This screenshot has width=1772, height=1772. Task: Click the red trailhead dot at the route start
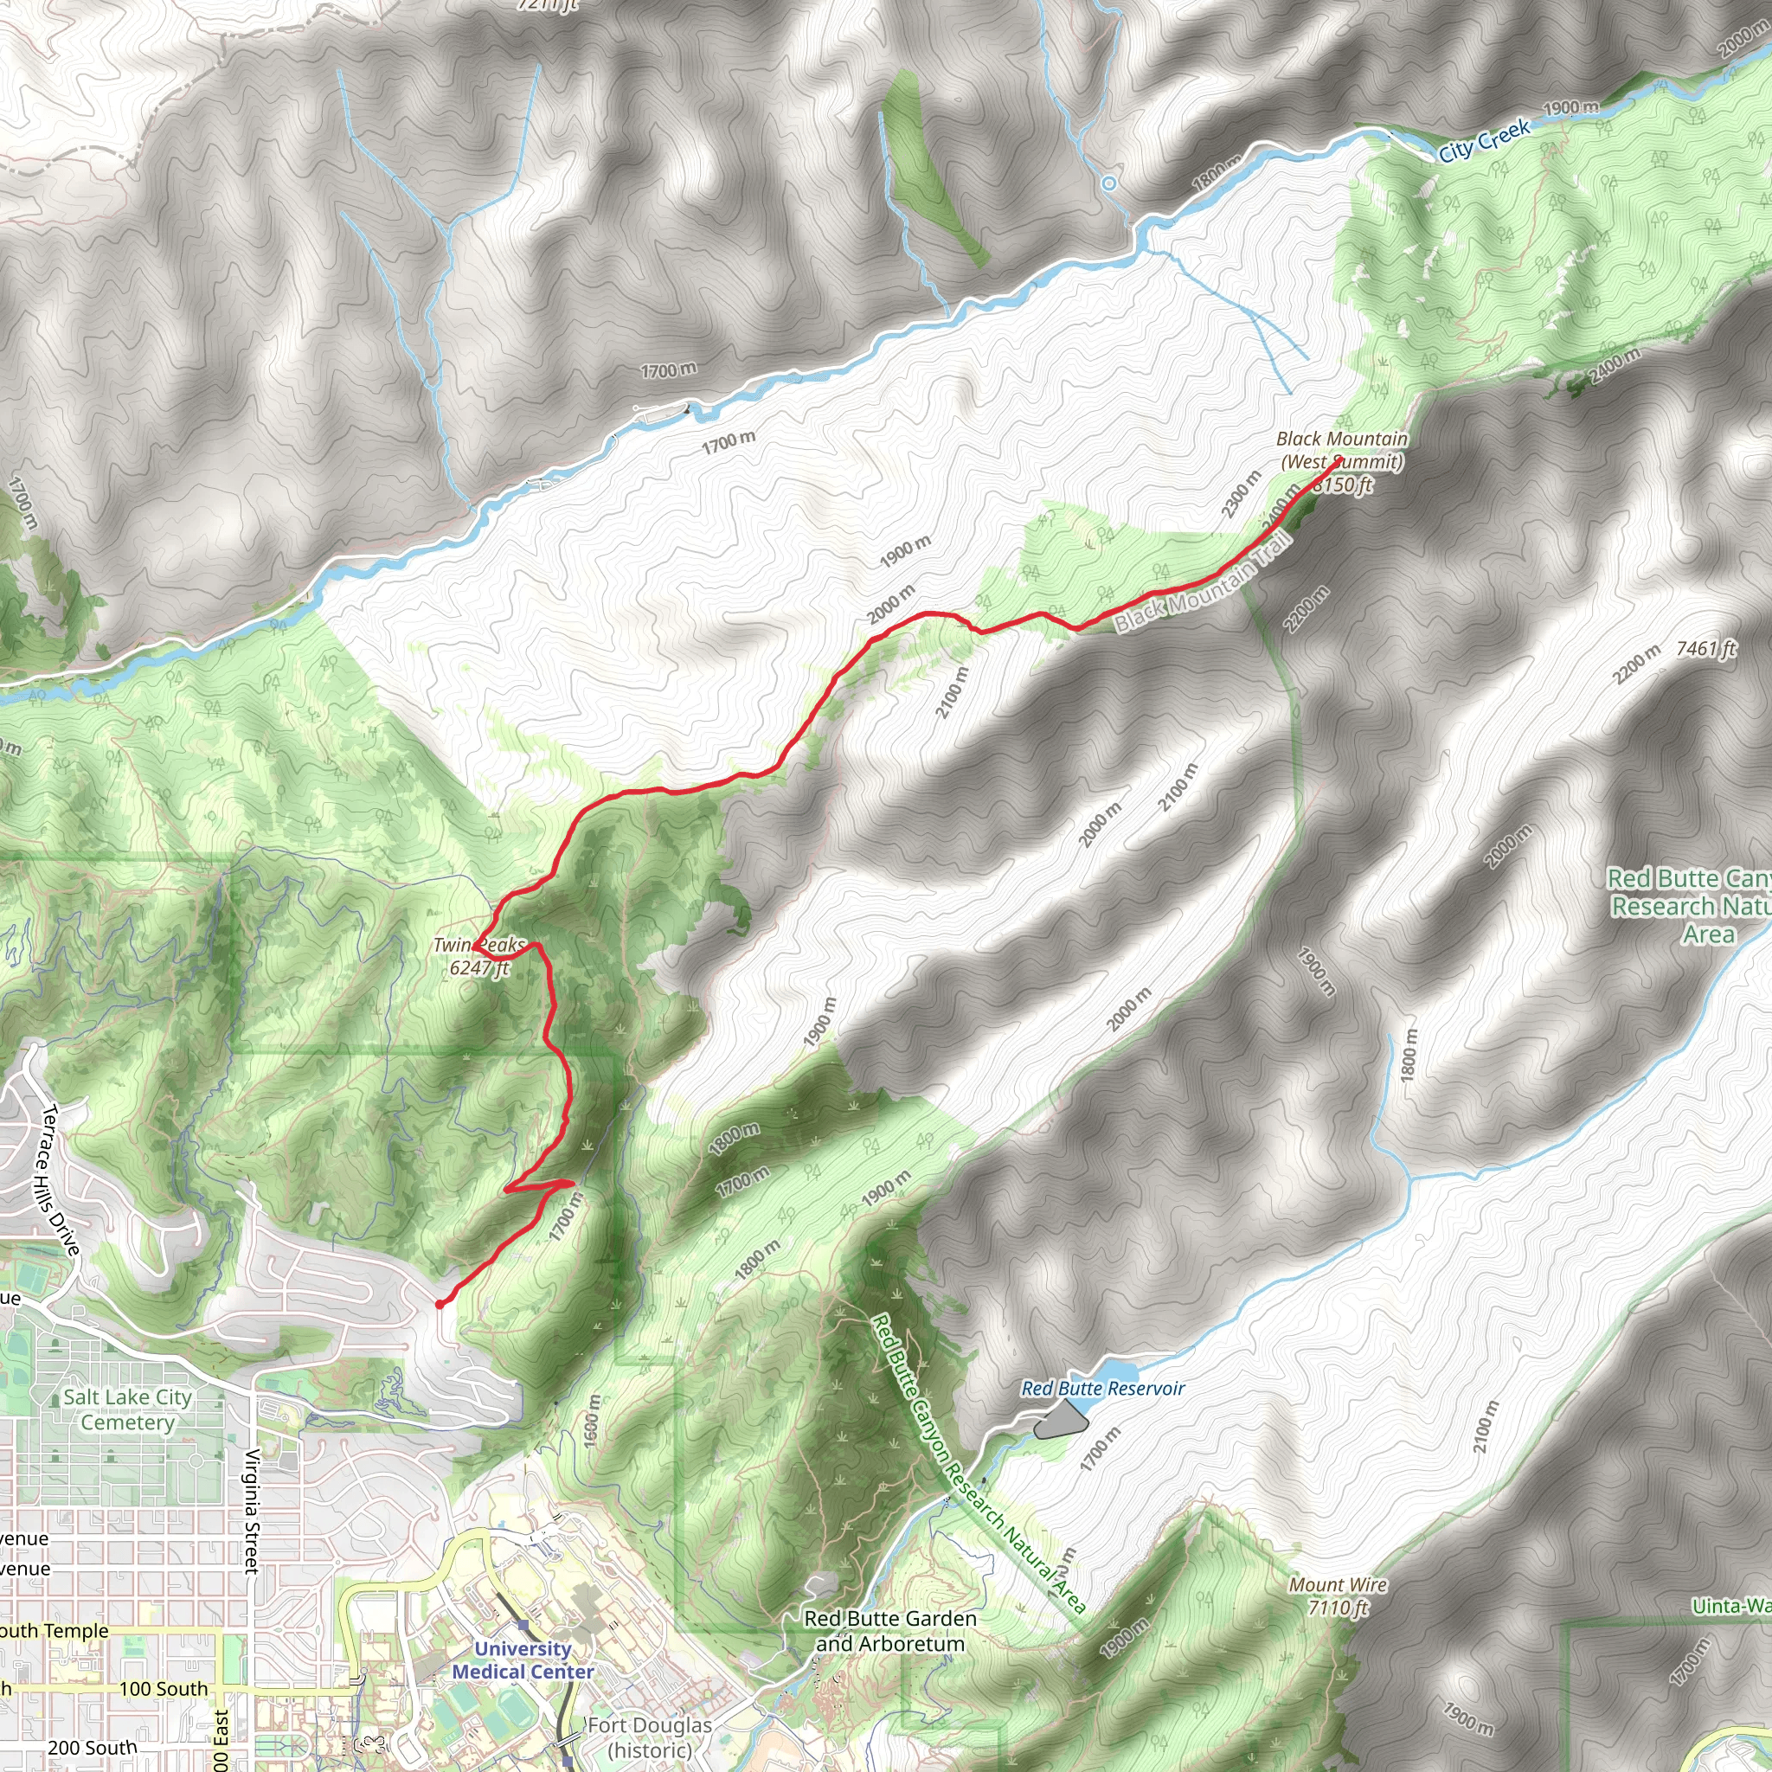440,1303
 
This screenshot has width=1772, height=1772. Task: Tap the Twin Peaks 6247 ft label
478,956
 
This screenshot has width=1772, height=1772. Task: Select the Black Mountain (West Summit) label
1341,450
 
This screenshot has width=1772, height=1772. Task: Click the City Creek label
1483,140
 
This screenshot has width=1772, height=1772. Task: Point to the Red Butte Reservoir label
1102,1389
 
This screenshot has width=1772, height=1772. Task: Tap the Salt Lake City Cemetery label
127,1409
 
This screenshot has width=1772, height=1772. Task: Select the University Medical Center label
523,1660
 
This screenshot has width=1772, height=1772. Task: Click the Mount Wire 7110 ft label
1338,1595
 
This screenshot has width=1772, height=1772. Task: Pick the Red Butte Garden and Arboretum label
889,1631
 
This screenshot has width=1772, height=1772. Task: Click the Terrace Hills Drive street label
61,1179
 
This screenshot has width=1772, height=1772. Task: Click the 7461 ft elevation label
1706,648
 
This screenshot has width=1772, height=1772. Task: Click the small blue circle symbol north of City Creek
1109,183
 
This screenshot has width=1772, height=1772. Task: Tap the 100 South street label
164,1689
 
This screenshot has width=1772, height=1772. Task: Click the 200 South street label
92,1748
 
